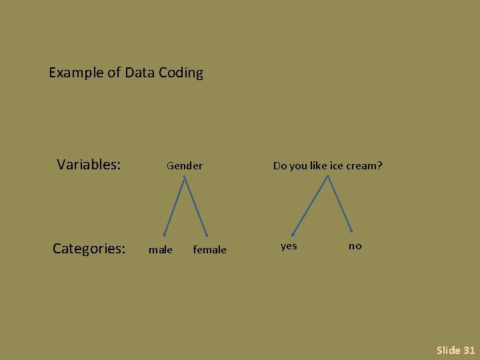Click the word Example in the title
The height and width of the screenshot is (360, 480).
click(76, 73)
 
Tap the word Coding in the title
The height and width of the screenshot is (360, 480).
click(181, 73)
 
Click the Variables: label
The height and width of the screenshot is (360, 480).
click(89, 164)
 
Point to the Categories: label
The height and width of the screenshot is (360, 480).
click(89, 249)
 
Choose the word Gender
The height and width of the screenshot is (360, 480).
click(185, 165)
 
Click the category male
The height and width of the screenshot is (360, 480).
click(160, 250)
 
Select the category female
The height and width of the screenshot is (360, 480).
click(209, 250)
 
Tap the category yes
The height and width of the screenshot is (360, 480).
click(289, 246)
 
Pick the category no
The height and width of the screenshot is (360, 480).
click(355, 246)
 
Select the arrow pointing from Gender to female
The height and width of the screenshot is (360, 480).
click(195, 207)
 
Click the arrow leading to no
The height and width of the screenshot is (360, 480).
click(339, 204)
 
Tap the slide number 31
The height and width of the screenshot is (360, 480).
click(469, 350)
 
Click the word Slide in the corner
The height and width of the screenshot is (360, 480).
click(448, 350)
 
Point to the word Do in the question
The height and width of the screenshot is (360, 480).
click(279, 165)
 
